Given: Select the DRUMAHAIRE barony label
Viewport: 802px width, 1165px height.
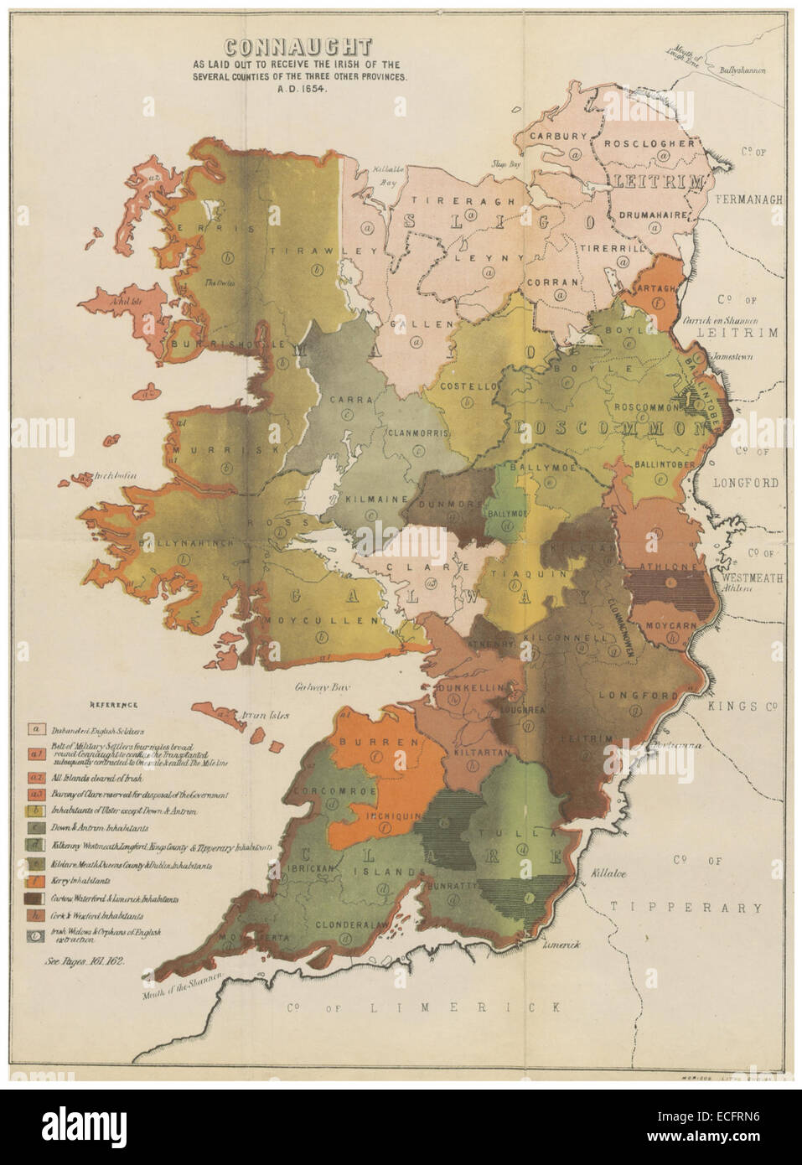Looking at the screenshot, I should (659, 215).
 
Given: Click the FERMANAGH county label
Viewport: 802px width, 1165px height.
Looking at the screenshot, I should (749, 200).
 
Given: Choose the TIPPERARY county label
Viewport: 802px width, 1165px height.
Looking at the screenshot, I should (686, 907).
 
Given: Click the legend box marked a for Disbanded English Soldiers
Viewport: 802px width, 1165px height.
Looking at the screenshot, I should (36, 728).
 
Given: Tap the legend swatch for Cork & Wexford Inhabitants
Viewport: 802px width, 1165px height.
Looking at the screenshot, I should (36, 915).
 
